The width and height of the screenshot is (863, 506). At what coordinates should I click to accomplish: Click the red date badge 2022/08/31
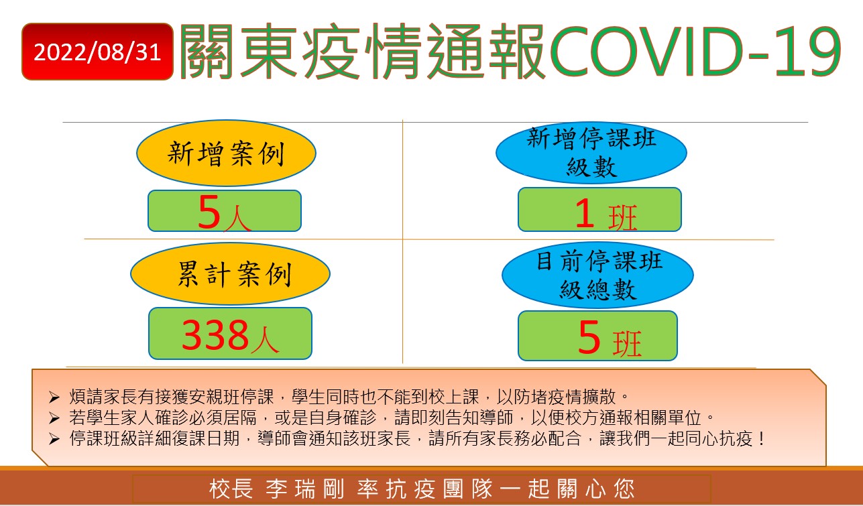[97, 52]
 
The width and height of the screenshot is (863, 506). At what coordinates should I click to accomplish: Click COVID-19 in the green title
[695, 52]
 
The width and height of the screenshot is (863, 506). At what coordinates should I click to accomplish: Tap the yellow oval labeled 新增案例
[226, 153]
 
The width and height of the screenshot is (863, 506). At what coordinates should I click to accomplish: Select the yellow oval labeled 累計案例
[230, 274]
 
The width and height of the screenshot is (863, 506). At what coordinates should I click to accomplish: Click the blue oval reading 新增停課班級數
[591, 153]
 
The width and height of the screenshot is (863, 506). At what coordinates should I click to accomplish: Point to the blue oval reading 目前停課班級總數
[597, 275]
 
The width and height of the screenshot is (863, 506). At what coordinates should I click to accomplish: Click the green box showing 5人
[225, 210]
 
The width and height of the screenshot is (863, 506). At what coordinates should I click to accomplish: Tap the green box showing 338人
[230, 334]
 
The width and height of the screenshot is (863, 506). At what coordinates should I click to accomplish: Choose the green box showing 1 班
[599, 210]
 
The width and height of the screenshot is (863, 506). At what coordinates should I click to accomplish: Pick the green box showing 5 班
[597, 336]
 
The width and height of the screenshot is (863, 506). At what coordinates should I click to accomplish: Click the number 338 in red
[215, 335]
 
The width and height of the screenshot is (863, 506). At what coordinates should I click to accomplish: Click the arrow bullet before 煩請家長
[54, 397]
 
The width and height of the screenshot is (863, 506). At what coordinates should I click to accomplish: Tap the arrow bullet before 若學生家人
[54, 418]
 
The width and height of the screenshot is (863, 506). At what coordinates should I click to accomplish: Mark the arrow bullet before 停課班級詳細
[54, 439]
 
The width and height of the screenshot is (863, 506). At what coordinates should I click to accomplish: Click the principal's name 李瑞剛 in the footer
[304, 489]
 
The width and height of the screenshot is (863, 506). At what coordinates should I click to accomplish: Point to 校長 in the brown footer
[231, 489]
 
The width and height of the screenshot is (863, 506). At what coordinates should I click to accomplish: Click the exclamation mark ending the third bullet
[761, 438]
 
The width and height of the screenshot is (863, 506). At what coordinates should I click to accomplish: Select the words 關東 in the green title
[237, 52]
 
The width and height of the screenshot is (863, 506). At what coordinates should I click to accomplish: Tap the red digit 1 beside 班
[585, 213]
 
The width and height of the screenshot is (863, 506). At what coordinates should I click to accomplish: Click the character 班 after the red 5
[627, 343]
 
